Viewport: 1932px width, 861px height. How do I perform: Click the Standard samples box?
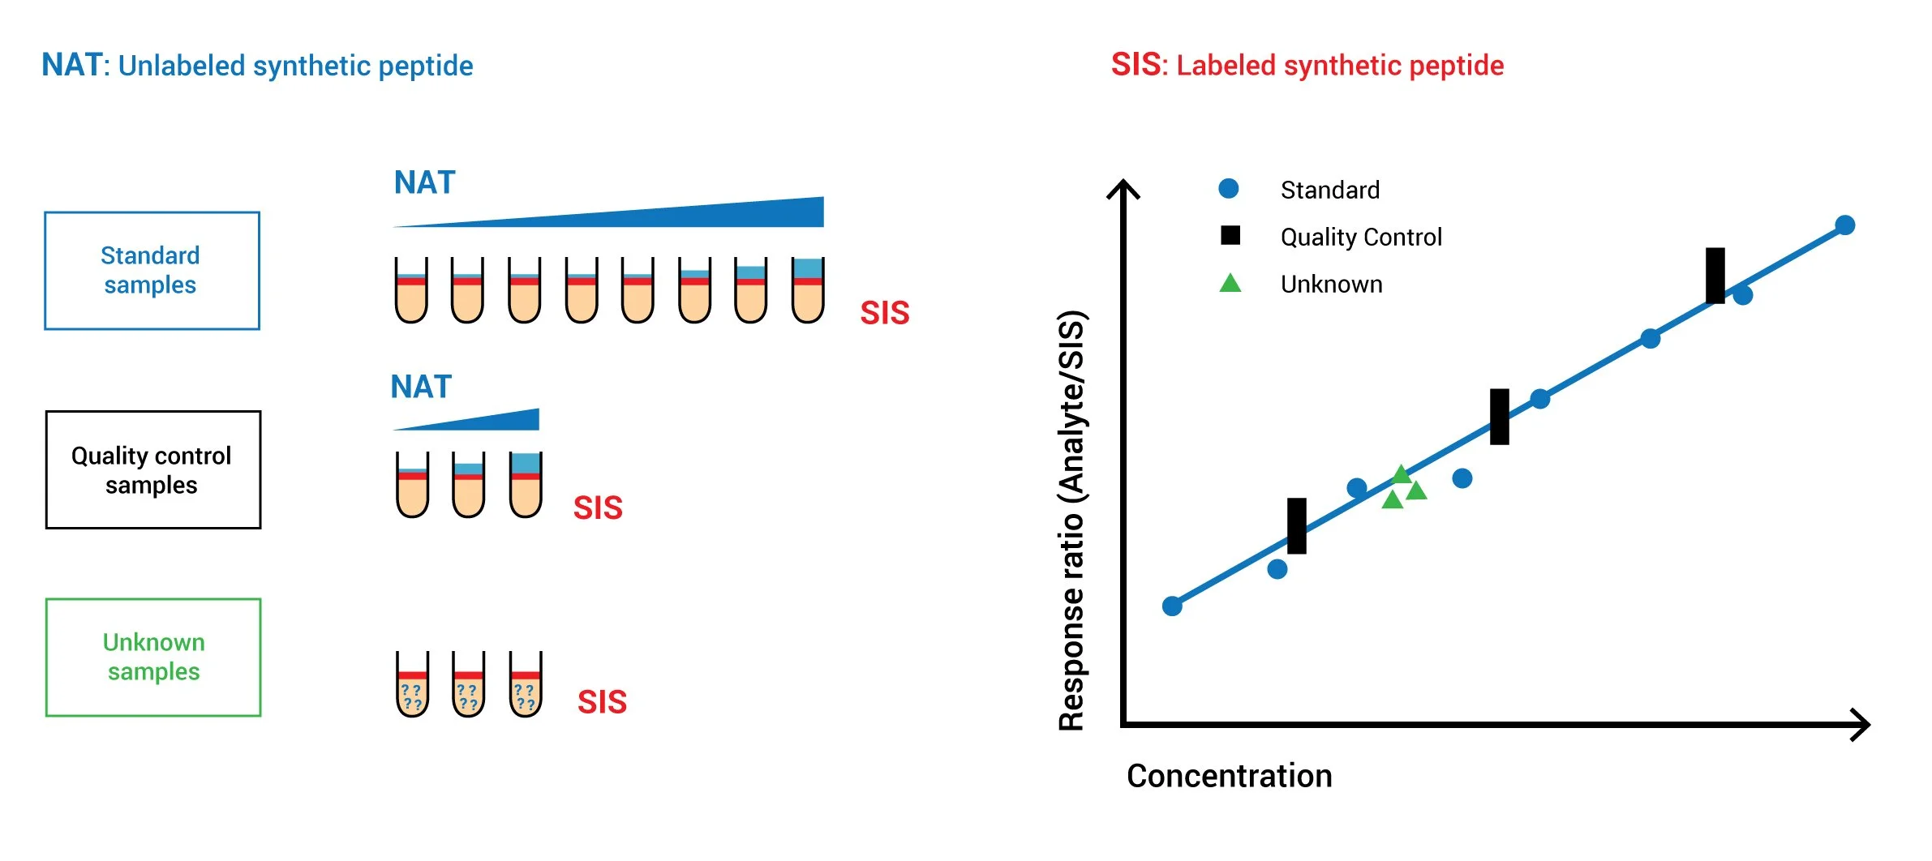[x=152, y=271]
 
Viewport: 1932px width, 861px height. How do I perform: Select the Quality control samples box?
[x=152, y=470]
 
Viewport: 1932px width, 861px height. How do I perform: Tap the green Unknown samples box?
[x=152, y=658]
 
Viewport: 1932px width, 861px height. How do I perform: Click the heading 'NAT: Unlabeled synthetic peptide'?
[x=257, y=66]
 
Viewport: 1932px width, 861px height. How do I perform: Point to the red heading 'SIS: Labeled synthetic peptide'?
[x=1307, y=66]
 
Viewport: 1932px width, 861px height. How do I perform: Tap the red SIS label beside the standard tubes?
[x=884, y=313]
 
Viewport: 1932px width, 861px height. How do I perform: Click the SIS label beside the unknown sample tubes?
[x=602, y=702]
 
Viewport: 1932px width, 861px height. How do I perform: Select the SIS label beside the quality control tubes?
[x=598, y=508]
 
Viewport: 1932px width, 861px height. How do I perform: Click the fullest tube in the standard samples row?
[x=808, y=290]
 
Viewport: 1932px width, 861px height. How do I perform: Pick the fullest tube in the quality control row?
[x=526, y=485]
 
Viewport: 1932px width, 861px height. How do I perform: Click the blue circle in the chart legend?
[x=1229, y=189]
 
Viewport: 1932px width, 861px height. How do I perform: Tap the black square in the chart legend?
[x=1230, y=235]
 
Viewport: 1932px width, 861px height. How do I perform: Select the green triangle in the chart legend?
[x=1230, y=283]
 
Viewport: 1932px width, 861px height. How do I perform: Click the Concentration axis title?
[x=1229, y=776]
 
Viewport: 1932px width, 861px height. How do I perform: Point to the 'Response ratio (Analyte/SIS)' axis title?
[x=1071, y=520]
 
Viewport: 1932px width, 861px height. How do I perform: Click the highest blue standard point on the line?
[x=1844, y=225]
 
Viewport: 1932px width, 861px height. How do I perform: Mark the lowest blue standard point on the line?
[x=1172, y=606]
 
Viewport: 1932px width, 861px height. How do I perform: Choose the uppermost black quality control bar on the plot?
[x=1715, y=276]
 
